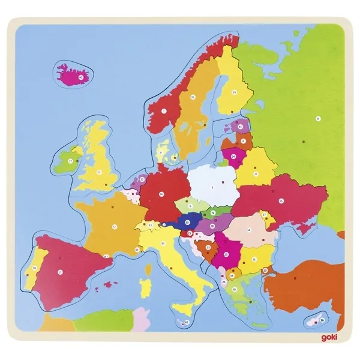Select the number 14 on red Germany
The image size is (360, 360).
[161, 194]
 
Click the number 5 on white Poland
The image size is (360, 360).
[212, 188]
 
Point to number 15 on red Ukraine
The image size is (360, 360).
[280, 202]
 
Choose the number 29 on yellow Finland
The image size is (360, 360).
[235, 92]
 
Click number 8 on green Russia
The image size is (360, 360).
[319, 118]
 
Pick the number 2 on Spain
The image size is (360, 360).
[61, 272]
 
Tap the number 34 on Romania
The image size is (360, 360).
[248, 229]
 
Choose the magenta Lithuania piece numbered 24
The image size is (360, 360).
[232, 158]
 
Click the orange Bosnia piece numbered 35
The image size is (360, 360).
[208, 247]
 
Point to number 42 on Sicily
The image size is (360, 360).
[187, 322]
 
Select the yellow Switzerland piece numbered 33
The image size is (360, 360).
[150, 226]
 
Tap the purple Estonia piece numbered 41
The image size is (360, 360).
[240, 127]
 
